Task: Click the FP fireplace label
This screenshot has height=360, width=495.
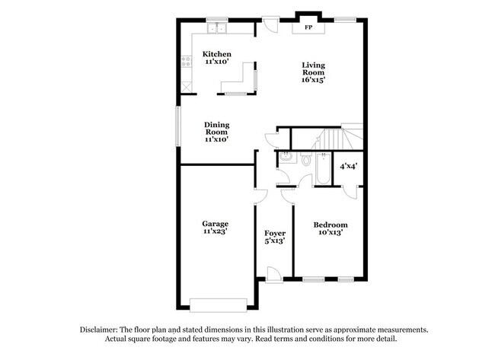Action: pyautogui.click(x=308, y=27)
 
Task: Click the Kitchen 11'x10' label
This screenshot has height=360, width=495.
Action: pyautogui.click(x=216, y=59)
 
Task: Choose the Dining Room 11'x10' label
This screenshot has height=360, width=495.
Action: pyautogui.click(x=216, y=132)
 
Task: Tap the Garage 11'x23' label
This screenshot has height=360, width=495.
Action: pyautogui.click(x=216, y=228)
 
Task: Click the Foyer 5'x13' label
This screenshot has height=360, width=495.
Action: pyautogui.click(x=274, y=237)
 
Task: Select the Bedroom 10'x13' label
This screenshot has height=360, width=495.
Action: pyautogui.click(x=331, y=229)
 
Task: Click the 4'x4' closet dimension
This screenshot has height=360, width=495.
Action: pyautogui.click(x=348, y=166)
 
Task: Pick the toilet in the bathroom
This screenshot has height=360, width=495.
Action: pyautogui.click(x=305, y=161)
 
